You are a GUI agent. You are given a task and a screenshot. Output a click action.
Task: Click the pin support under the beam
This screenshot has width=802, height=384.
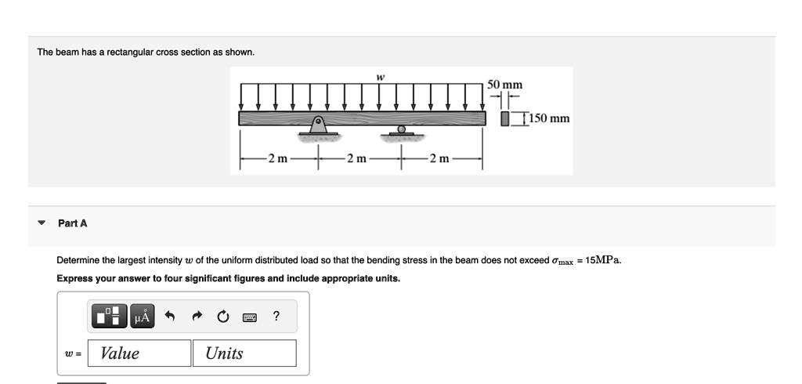(319, 126)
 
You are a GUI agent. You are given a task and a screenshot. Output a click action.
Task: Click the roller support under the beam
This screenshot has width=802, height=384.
(402, 130)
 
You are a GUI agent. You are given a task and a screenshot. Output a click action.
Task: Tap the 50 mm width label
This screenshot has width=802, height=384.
(505, 85)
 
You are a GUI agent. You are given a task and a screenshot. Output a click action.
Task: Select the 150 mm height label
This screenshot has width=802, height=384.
(549, 119)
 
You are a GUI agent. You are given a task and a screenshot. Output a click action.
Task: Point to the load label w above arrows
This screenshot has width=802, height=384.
(380, 77)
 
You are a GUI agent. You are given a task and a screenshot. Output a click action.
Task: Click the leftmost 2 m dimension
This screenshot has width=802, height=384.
(278, 159)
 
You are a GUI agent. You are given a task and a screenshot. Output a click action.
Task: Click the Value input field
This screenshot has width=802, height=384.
(139, 353)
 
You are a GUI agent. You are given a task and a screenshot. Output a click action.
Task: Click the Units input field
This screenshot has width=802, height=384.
(244, 353)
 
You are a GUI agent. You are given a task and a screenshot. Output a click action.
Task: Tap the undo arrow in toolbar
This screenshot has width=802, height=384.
(168, 317)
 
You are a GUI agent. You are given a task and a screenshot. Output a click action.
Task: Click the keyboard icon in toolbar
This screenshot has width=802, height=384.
(250, 317)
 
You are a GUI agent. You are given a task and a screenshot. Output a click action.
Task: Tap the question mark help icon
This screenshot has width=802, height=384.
(276, 317)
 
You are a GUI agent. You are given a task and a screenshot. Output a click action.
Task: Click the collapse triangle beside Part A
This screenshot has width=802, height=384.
(42, 223)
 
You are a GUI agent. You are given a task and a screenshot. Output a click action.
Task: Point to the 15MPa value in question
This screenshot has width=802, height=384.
(605, 260)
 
